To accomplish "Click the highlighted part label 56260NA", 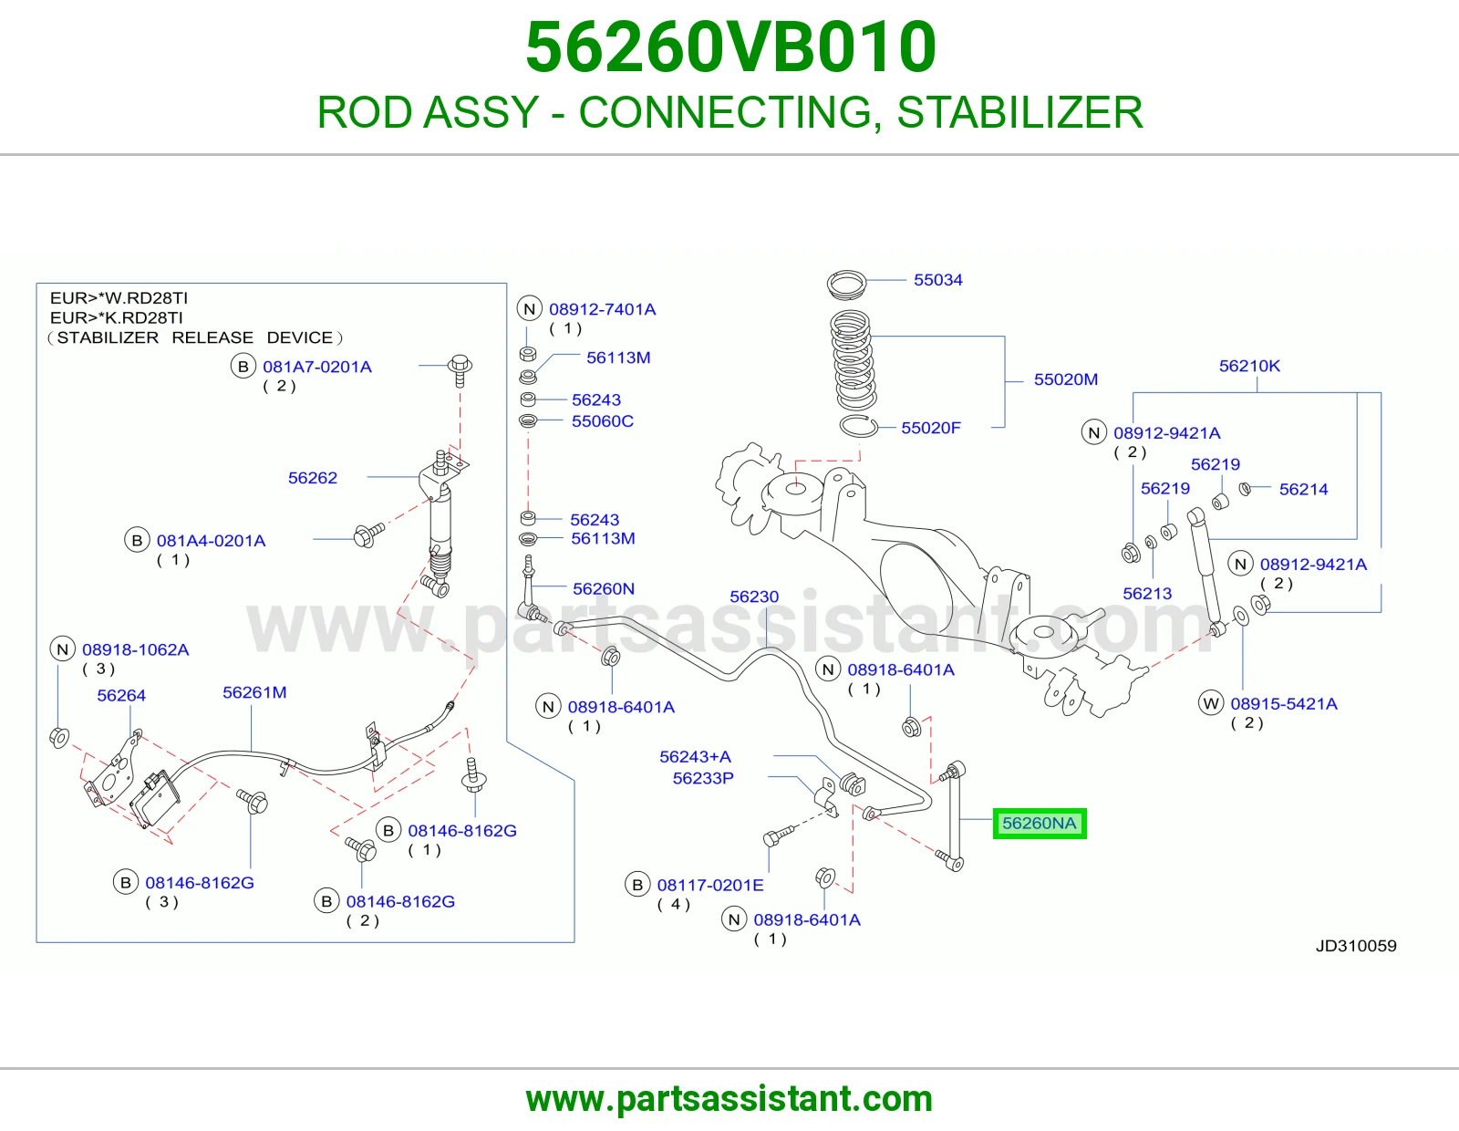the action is pos(1039,824).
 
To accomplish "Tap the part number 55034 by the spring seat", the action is pos(938,280).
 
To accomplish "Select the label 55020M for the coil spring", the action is pos(1066,379).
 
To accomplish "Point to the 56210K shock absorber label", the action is pos(1249,366).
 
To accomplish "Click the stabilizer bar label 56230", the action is pos(754,597).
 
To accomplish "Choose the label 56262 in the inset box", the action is pos(312,478).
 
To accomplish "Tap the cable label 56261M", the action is pos(254,692).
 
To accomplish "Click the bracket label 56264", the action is pos(121,695).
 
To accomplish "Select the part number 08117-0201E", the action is pos(710,885).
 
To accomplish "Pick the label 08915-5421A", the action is pos(1284,704).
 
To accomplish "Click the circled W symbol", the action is pos(1211,703).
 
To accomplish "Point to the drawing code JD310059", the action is pos(1356,946).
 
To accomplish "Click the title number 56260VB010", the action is pos(730,47).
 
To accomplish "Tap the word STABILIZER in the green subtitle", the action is pos(1019,112).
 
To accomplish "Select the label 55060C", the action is pos(602,421).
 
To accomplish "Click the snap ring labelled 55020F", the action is pos(859,427).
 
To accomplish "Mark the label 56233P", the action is pos(703,778).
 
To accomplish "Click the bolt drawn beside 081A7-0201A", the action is pos(460,370).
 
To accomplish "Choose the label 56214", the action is pos(1303,490).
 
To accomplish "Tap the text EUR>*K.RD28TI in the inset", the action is pos(116,317).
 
